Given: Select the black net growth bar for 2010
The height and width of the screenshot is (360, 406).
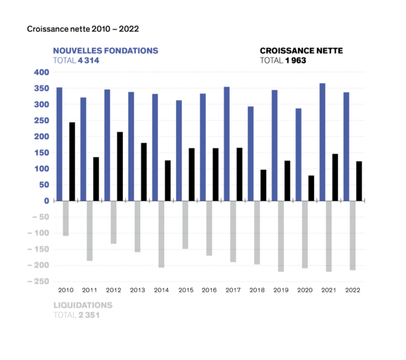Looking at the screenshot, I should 72,161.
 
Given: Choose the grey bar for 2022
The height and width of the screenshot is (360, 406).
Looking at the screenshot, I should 353,235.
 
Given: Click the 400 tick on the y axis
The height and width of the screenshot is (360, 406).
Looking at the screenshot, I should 41,72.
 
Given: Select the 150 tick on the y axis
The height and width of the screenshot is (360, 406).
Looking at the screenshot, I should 41,153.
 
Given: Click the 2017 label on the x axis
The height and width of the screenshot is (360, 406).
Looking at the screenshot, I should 233,289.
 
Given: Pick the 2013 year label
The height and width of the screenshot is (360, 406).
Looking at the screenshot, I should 137,289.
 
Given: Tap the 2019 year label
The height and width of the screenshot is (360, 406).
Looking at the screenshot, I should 281,289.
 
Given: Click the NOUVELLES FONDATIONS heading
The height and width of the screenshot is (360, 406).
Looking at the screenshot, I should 105,50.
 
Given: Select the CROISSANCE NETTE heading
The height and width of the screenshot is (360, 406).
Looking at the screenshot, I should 302,50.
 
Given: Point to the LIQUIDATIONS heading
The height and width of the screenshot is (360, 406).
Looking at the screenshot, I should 83,305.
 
